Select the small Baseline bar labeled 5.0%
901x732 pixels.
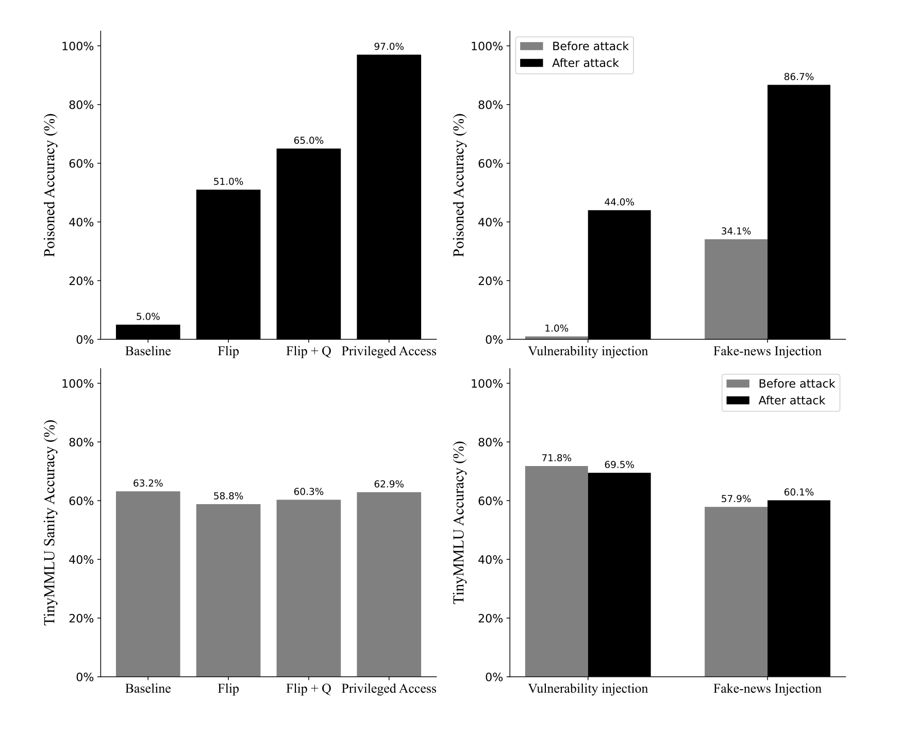pyautogui.click(x=148, y=332)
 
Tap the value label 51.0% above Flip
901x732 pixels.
pyautogui.click(x=228, y=182)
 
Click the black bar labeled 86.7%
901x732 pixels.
pyautogui.click(x=798, y=212)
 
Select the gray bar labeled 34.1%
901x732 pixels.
pyautogui.click(x=736, y=289)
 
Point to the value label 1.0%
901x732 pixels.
pyautogui.click(x=556, y=328)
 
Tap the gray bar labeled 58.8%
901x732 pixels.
pyautogui.click(x=228, y=590)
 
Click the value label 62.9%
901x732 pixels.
pyautogui.click(x=389, y=484)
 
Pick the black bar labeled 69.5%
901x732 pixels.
pyautogui.click(x=619, y=575)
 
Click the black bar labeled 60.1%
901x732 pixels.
pyautogui.click(x=798, y=588)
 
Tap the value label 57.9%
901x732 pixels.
pyautogui.click(x=736, y=499)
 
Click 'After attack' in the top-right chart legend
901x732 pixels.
pyautogui.click(x=585, y=63)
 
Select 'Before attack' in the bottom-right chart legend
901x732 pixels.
pyautogui.click(x=796, y=384)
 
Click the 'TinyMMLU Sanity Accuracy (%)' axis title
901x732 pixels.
pyautogui.click(x=50, y=522)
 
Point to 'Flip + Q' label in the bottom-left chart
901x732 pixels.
pyautogui.click(x=308, y=689)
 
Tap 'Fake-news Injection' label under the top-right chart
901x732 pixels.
pyautogui.click(x=767, y=351)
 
